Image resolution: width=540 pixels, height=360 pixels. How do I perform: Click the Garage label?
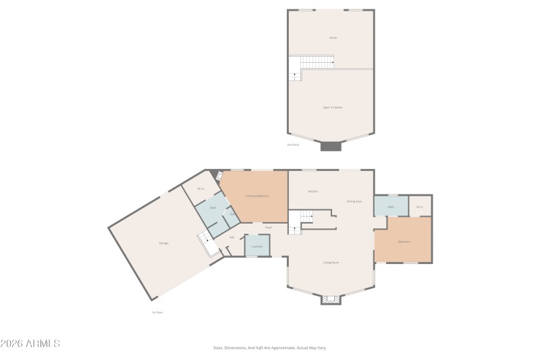tap(163, 243)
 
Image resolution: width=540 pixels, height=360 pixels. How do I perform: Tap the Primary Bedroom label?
tap(256, 196)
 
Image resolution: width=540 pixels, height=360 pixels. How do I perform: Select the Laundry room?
tap(256, 247)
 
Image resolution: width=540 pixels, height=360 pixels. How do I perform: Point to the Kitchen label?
tap(313, 191)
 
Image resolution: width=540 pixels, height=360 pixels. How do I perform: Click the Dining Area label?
tap(354, 201)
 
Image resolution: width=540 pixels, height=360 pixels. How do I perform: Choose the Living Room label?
tap(331, 262)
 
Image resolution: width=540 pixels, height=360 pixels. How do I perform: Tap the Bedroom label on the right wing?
tap(404, 241)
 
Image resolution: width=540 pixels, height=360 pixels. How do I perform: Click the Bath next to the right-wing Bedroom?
tap(391, 207)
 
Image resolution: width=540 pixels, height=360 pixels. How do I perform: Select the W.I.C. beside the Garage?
tap(200, 188)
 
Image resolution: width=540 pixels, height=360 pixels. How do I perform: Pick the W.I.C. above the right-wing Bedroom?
tap(419, 207)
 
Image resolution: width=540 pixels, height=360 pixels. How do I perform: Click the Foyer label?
tap(268, 228)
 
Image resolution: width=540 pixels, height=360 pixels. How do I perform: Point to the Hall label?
tap(232, 237)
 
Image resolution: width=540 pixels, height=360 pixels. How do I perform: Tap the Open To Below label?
tap(332, 107)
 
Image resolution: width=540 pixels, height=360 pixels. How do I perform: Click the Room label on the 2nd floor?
tap(332, 38)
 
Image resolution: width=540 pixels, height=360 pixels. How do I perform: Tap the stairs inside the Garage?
tap(207, 243)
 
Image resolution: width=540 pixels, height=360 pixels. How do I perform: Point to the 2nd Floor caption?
tap(293, 145)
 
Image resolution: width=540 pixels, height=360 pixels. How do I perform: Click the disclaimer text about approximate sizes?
tap(270, 348)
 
